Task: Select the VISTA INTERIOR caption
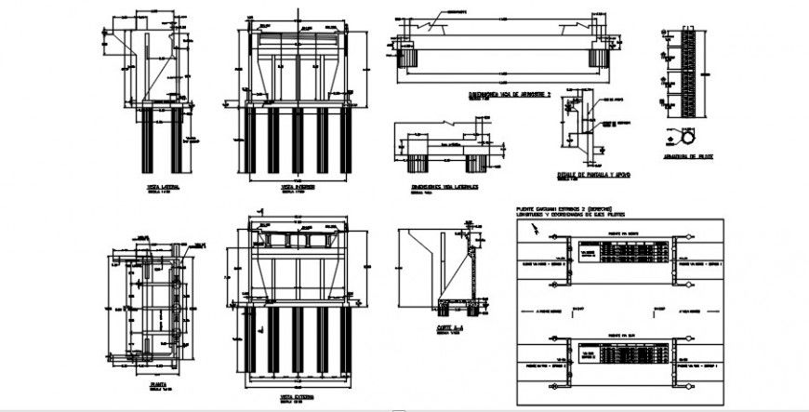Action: click(295, 187)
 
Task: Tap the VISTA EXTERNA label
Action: click(295, 396)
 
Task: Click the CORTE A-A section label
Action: click(449, 328)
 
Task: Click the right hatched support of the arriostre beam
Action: click(597, 57)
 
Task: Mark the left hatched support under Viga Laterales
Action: click(413, 164)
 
